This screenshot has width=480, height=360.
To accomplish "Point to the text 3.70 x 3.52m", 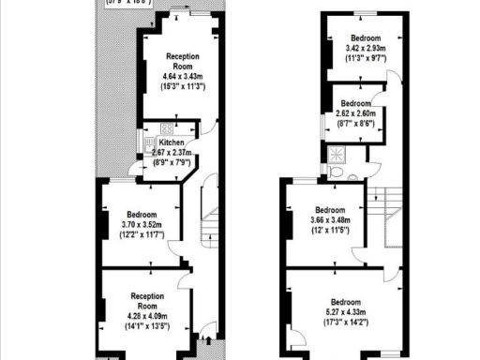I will coord(142,224).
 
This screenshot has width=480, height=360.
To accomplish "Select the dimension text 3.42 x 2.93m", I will coord(366,48).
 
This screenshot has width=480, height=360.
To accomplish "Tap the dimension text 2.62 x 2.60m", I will coord(357,113).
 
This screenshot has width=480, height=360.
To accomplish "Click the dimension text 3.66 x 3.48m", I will coord(330,219).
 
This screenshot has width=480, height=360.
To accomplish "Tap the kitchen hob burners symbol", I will coord(165,128).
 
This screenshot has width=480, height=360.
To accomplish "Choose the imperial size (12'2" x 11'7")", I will coord(142,234).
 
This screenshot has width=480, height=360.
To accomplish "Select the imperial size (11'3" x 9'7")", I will coord(366,58).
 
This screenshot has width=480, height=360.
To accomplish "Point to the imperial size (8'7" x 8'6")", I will coord(357,123).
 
